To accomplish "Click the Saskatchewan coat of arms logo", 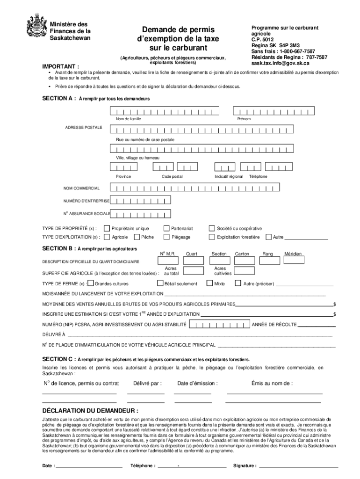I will point(35,25).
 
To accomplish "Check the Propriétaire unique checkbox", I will point(107,228).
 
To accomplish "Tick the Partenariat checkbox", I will point(166,228).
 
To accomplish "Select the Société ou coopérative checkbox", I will point(212,228).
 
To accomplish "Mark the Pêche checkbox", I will point(137,237).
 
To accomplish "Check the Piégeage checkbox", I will point(166,237).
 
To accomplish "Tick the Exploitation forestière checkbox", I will point(212,237).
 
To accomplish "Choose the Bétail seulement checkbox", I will point(160,283).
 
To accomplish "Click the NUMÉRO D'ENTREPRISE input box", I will point(140,201).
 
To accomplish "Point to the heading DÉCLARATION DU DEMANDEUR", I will point(84,410).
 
